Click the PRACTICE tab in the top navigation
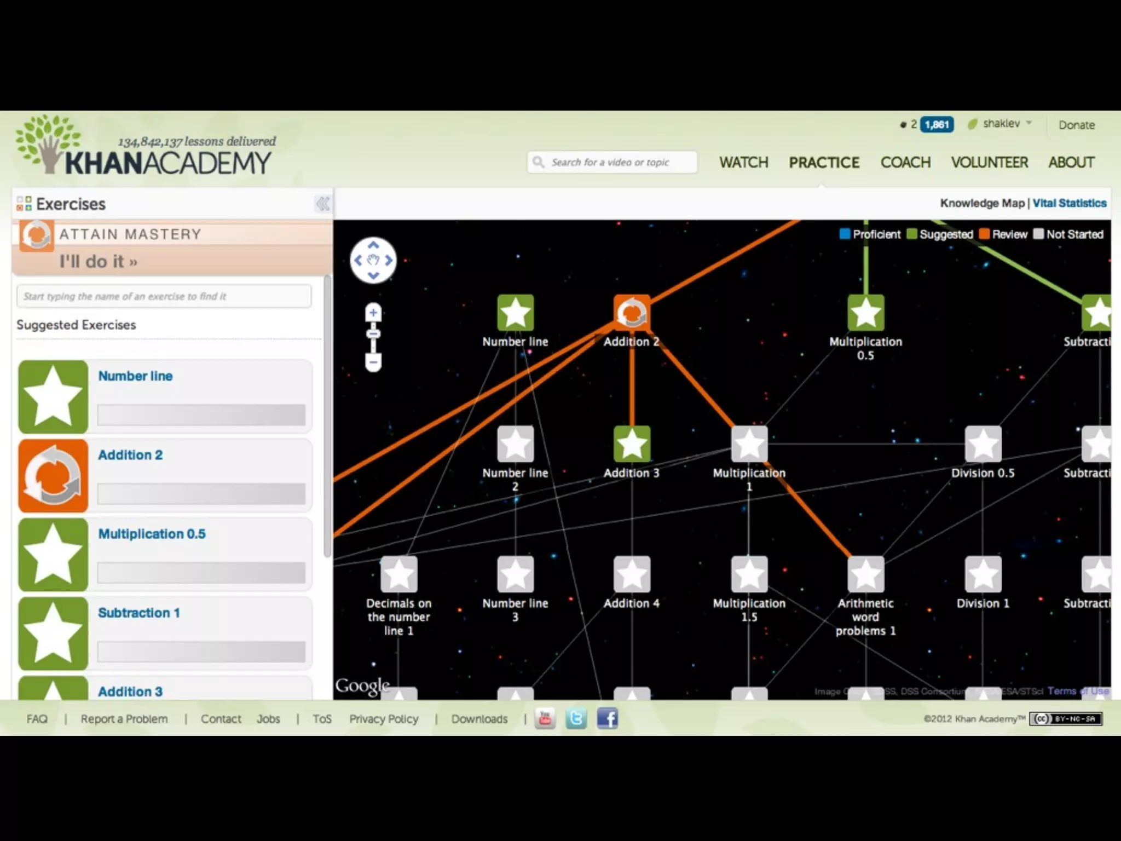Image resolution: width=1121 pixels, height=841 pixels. (824, 163)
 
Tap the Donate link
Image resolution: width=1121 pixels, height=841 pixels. (1076, 125)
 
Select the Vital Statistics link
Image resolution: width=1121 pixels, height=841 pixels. (1070, 203)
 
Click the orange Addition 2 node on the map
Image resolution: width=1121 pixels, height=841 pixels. (632, 313)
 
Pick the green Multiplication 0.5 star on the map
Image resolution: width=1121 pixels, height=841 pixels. (865, 313)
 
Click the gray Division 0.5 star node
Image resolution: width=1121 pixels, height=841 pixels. (983, 443)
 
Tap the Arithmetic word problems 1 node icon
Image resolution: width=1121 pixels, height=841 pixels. (865, 574)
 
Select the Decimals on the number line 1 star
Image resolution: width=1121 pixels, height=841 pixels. (398, 574)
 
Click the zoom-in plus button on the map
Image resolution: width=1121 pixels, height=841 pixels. (373, 313)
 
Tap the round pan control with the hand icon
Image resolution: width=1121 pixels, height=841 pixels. (373, 260)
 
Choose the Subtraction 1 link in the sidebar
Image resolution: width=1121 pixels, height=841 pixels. (139, 613)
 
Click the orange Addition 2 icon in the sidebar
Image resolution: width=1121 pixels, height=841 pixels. (53, 475)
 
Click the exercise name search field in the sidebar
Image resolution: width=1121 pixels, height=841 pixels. (164, 296)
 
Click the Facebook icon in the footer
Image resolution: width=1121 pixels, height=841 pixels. (607, 718)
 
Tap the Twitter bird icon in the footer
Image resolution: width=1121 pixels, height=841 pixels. (576, 718)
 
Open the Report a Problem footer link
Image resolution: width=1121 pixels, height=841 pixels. (124, 719)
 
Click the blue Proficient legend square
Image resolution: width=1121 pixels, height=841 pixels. (845, 234)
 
